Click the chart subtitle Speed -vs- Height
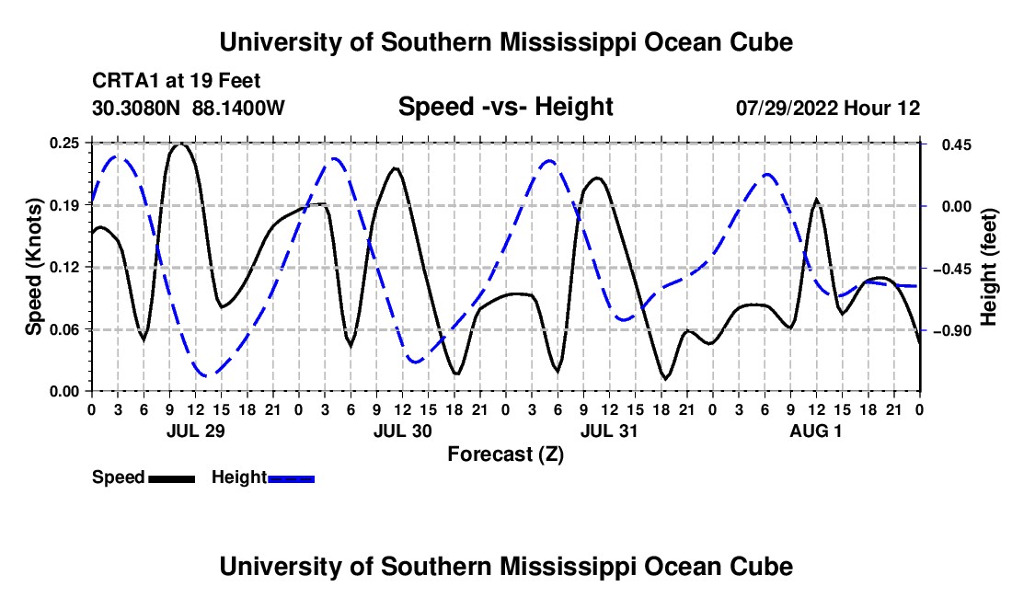click(x=505, y=107)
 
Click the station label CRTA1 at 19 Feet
click(x=177, y=81)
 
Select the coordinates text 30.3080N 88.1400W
click(x=188, y=108)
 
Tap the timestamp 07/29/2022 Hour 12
click(x=828, y=108)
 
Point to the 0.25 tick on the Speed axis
click(x=64, y=144)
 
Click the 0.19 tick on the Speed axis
click(x=64, y=206)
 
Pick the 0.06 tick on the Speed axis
click(x=64, y=329)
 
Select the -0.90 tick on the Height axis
click(x=952, y=331)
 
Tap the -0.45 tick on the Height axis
click(x=952, y=269)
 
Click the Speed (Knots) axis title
click(x=33, y=267)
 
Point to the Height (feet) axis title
click(x=989, y=267)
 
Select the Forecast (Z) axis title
click(x=505, y=454)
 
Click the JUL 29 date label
click(x=196, y=431)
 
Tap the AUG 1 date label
click(x=816, y=431)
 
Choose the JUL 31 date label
click(x=609, y=431)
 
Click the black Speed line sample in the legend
click(x=172, y=479)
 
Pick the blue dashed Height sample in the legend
click(x=291, y=479)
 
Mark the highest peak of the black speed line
click(x=180, y=144)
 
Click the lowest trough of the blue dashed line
click(x=206, y=374)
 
